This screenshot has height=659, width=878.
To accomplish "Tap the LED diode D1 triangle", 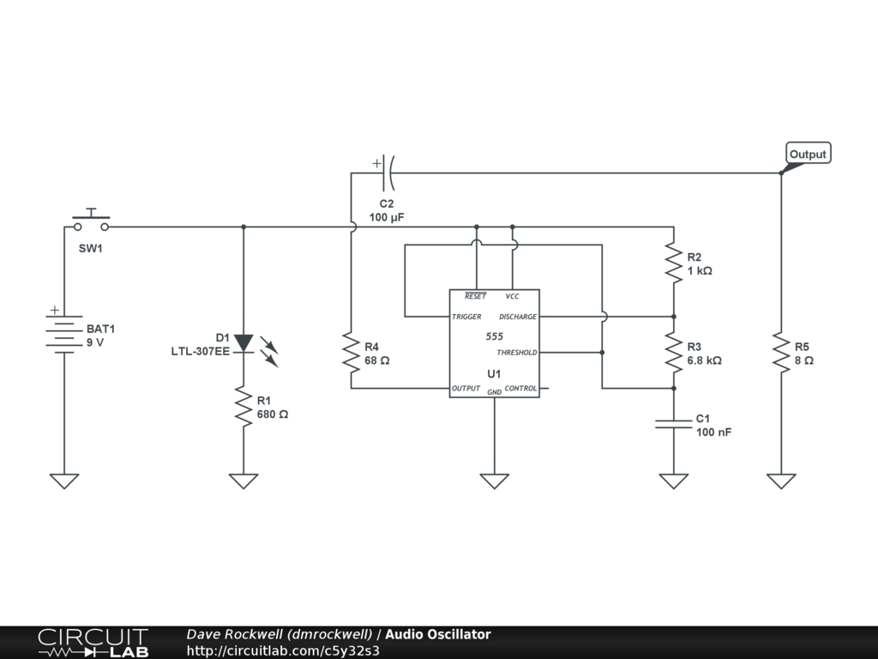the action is (x=244, y=343).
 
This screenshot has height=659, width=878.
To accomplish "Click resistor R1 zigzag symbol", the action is (x=244, y=406).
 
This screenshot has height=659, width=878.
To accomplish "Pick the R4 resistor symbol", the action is (x=351, y=353).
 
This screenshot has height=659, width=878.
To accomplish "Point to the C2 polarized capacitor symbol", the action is (x=387, y=172).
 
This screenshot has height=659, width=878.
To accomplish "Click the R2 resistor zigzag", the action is (x=674, y=263).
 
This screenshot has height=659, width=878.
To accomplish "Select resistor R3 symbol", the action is (x=674, y=353).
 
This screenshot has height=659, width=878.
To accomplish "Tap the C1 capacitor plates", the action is (x=674, y=424).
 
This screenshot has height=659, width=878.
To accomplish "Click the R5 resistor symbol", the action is (x=781, y=353).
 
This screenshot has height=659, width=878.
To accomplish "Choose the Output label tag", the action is (x=808, y=154).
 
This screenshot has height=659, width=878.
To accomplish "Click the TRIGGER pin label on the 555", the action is (x=466, y=317).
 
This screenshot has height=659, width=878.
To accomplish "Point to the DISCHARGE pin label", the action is (x=517, y=317).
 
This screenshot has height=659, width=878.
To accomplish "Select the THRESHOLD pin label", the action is (x=516, y=353).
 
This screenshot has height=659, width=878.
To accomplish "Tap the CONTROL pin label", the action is (x=520, y=389).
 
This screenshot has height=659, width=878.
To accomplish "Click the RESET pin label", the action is (x=475, y=296).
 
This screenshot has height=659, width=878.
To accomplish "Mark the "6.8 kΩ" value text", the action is (x=705, y=360).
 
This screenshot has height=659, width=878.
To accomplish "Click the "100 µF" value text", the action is (x=387, y=217).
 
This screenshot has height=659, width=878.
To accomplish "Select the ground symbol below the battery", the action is (x=64, y=481).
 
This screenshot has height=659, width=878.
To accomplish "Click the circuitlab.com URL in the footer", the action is (x=283, y=650).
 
